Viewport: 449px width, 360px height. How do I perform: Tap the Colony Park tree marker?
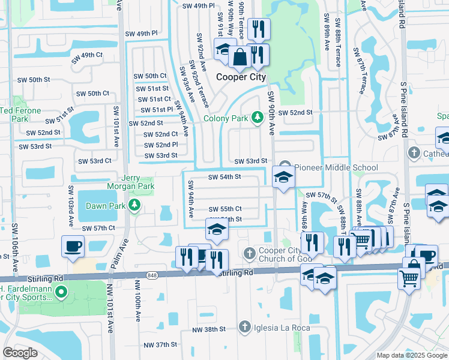tap(258, 117)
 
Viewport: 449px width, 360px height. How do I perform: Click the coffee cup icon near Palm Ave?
tap(73, 246)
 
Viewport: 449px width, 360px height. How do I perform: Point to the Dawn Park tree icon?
tap(136, 206)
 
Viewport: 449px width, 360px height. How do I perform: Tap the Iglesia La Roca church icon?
tap(244, 326)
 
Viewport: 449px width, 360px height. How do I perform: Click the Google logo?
tap(20, 353)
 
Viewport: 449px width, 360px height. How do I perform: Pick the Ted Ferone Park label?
tap(21, 115)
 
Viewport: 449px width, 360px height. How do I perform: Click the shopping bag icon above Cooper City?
tap(240, 58)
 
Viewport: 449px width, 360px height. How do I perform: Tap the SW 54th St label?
tap(224, 177)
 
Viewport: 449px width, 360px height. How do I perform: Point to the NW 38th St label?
tap(209, 329)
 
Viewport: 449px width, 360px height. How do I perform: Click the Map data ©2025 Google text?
tap(411, 355)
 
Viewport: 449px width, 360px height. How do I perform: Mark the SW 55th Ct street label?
tap(225, 209)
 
